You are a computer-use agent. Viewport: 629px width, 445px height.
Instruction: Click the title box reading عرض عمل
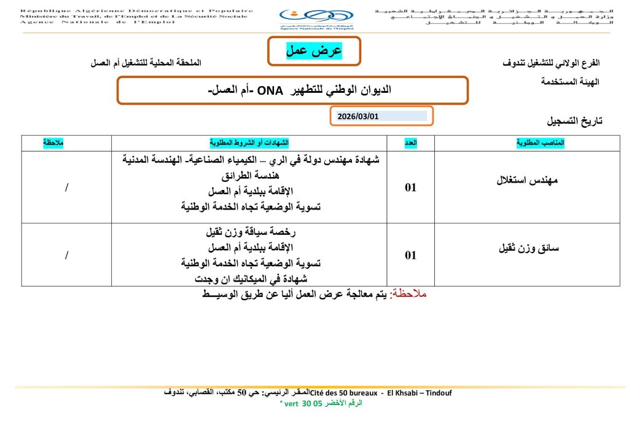click(x=314, y=51)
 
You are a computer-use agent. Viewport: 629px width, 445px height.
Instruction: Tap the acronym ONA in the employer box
click(x=270, y=91)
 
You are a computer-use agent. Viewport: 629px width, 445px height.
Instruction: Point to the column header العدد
click(x=410, y=143)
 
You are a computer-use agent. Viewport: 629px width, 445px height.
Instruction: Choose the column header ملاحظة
click(x=53, y=143)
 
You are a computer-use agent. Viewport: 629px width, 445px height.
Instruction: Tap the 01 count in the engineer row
click(x=410, y=187)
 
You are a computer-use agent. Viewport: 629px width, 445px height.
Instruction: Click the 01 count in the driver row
click(x=410, y=255)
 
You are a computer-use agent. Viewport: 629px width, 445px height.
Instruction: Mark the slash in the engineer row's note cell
click(x=66, y=187)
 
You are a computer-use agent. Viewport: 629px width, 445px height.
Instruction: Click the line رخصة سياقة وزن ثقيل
click(x=249, y=233)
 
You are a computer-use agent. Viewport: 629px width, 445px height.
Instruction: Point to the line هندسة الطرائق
click(x=250, y=175)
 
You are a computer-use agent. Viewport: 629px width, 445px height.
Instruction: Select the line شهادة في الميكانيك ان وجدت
click(x=250, y=277)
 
